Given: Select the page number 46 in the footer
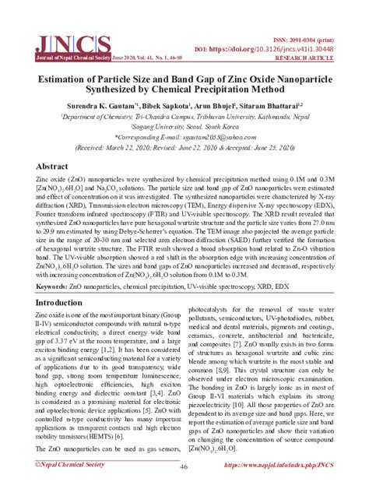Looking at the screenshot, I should click(x=184, y=468).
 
